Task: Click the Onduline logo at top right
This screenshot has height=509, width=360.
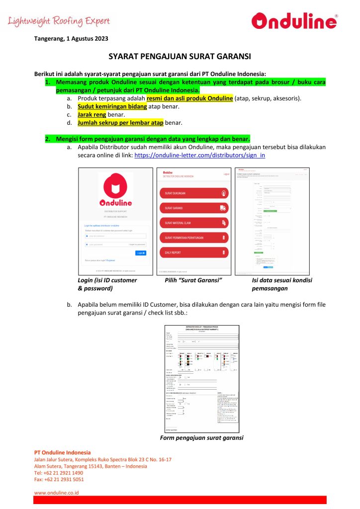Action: [x=294, y=21]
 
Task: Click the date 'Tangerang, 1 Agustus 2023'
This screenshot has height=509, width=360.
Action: [x=71, y=38]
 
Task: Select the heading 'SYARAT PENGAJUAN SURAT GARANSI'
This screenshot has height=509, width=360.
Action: [x=180, y=57]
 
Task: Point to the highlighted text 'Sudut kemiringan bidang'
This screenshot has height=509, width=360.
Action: [x=112, y=106]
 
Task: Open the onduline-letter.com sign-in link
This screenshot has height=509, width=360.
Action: [x=199, y=156]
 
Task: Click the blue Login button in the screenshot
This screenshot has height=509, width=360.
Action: [x=141, y=253]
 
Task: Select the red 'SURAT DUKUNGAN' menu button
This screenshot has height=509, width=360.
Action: [x=194, y=193]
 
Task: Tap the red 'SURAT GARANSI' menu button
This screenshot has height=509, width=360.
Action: [x=194, y=208]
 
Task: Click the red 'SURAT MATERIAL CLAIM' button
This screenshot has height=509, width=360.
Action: [x=194, y=223]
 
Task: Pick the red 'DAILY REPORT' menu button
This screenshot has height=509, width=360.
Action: [x=194, y=253]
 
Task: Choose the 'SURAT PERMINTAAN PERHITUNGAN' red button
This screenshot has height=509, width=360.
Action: [x=194, y=238]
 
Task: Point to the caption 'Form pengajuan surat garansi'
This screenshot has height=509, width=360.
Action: [x=202, y=438]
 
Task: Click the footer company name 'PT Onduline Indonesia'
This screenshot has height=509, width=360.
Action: [x=62, y=452]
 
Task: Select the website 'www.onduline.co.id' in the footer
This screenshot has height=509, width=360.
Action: [x=56, y=493]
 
